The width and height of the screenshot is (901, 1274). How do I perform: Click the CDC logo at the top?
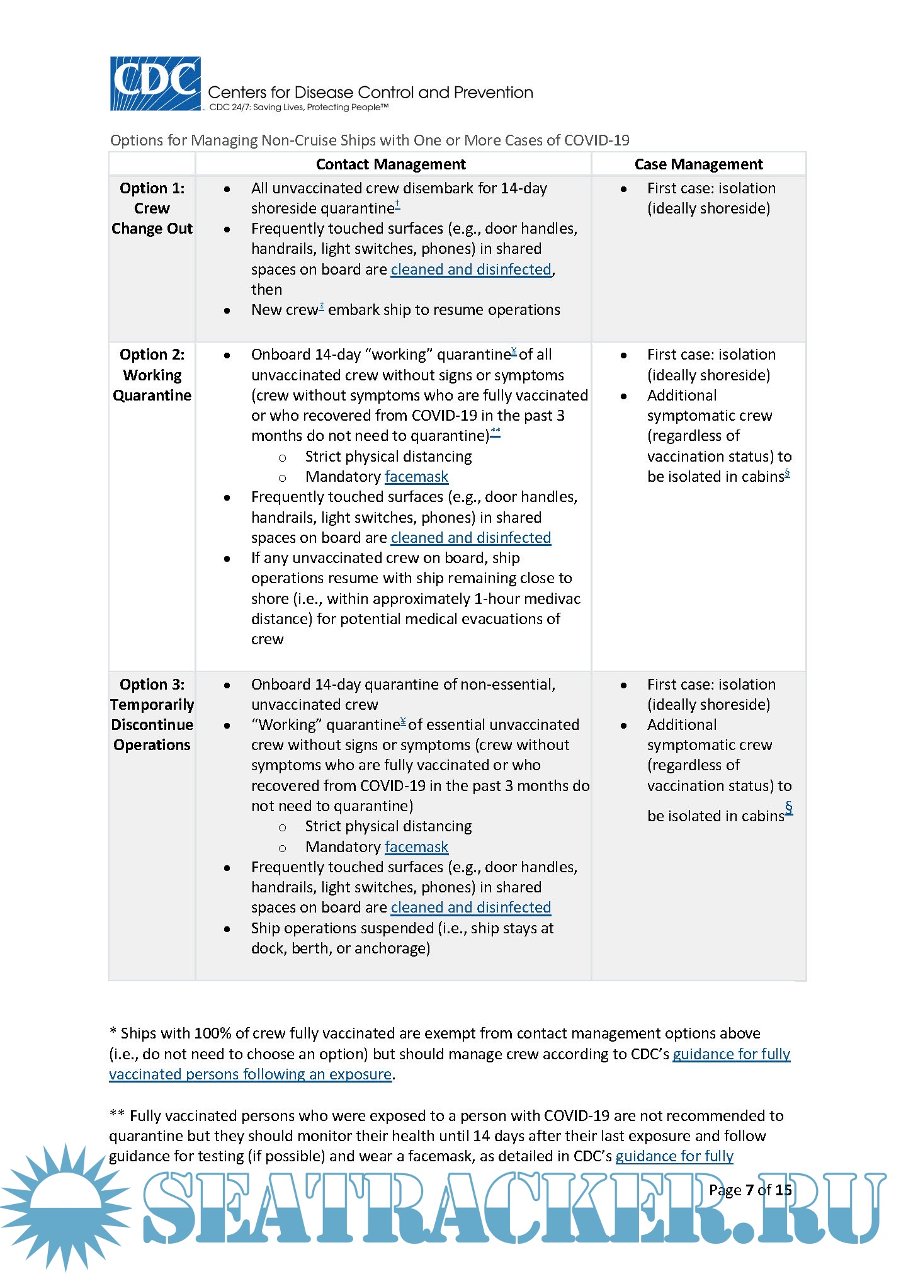point(156,84)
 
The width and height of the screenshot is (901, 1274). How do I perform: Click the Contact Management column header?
point(390,164)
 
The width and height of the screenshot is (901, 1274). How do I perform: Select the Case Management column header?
point(698,164)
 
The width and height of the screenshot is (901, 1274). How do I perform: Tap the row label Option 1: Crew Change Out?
point(152,208)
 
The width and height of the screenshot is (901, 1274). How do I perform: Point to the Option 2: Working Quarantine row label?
point(152,375)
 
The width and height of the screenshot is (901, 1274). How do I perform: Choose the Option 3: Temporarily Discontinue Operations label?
point(152,715)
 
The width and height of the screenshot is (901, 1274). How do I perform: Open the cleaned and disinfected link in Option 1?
point(470,270)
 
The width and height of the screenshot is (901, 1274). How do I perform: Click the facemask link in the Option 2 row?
point(416,477)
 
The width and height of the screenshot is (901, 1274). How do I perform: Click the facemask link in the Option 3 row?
point(416,847)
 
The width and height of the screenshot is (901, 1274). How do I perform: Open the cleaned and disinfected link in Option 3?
point(470,907)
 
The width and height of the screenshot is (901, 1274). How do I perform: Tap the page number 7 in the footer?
point(749,1190)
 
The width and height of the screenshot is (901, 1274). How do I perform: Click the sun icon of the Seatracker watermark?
point(66,1206)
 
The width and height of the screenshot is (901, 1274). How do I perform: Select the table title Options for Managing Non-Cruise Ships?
point(370,140)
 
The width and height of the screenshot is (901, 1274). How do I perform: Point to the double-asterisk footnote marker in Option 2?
point(496,431)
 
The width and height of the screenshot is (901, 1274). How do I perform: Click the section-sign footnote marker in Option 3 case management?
point(788,807)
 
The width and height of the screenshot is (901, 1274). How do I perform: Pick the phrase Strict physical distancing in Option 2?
point(388,457)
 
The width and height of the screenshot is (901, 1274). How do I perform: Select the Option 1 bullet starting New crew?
point(405,310)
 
